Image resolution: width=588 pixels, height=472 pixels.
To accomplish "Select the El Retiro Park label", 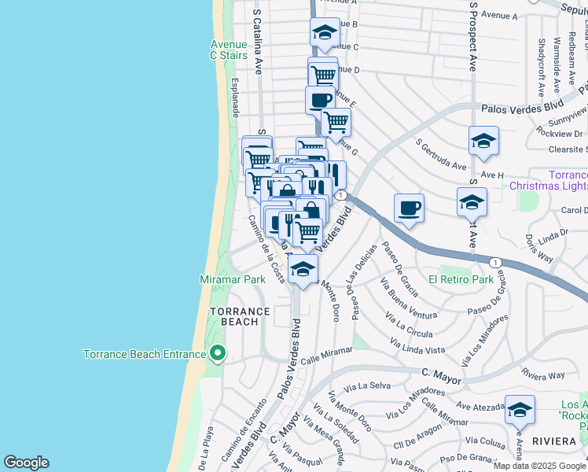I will coord(461,279).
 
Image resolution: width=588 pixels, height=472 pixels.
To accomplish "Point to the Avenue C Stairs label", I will coord(229,50).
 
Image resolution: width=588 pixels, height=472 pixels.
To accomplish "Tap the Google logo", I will coord(26,463).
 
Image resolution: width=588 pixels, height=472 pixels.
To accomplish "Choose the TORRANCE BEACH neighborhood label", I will coord(239,316).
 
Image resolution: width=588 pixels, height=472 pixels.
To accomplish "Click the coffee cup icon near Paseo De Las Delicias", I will coord(409,208).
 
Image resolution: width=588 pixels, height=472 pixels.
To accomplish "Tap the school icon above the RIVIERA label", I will coord(520,410).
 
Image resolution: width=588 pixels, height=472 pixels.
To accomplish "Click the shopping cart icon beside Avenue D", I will coord(323,75).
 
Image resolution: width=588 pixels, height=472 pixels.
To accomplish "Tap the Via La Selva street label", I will coord(373,385).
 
